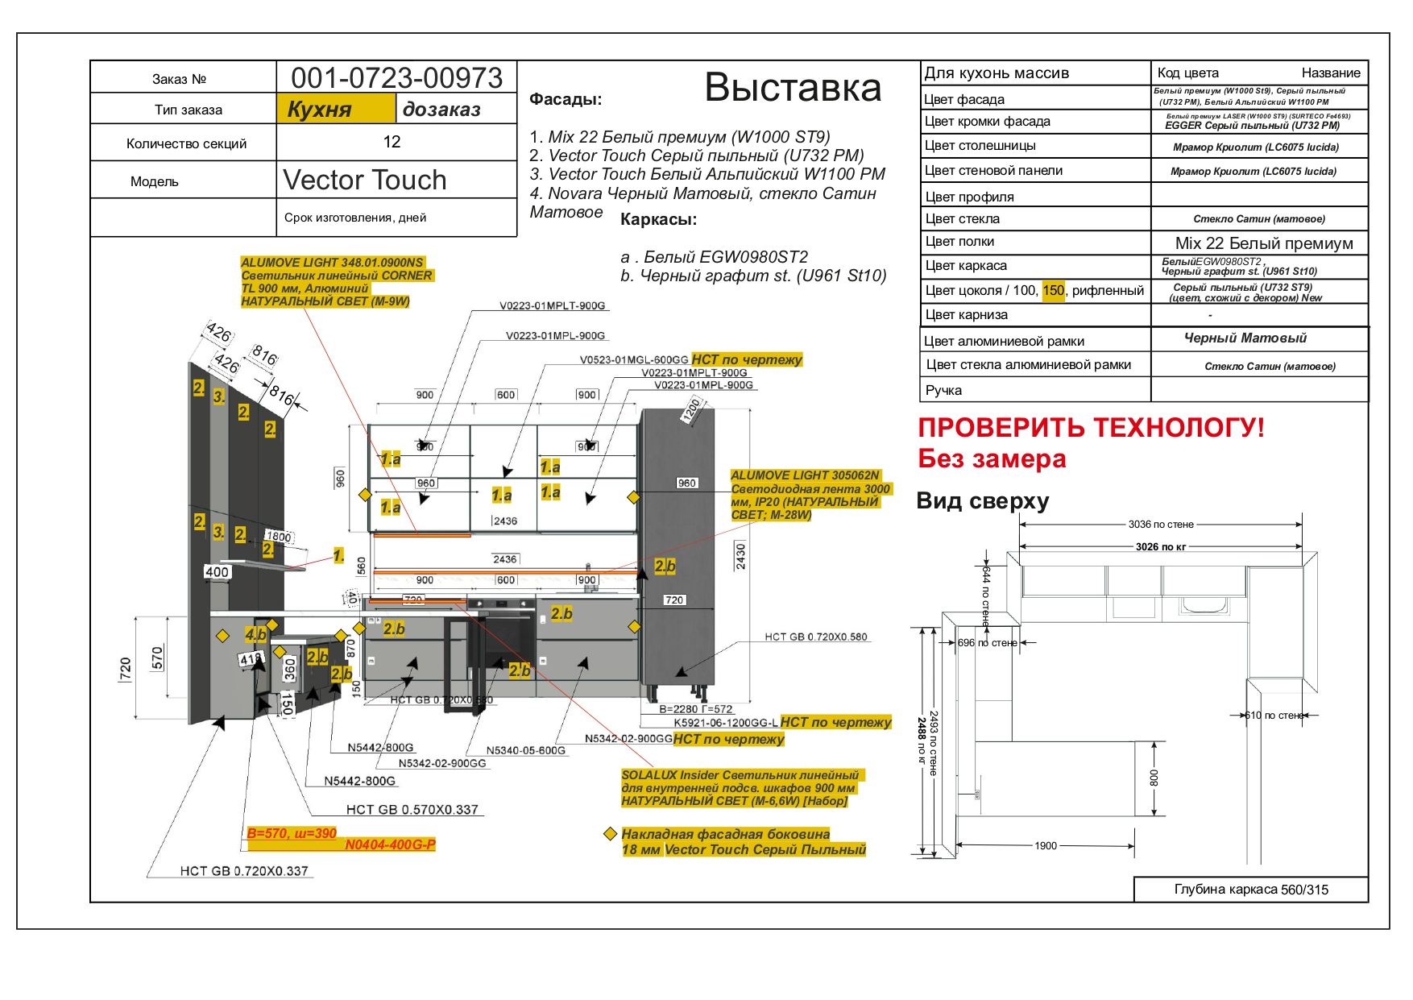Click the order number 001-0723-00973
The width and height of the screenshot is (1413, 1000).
(396, 77)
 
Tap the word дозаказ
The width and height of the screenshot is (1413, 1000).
(441, 109)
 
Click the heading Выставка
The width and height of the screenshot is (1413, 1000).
(793, 87)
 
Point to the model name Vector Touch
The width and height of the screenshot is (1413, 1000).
(365, 180)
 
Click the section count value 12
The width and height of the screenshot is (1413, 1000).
(392, 142)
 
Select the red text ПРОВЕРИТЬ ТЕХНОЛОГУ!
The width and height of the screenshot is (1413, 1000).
(1091, 427)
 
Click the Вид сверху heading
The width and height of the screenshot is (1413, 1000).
(983, 500)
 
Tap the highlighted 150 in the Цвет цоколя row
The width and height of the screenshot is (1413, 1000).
(1053, 290)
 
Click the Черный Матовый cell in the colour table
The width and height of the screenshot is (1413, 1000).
(1245, 338)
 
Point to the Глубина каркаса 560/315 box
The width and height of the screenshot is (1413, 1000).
(1251, 889)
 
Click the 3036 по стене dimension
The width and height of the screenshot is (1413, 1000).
(1161, 525)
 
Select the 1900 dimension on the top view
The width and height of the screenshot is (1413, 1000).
(1046, 845)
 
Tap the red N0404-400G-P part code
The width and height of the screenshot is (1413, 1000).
(390, 844)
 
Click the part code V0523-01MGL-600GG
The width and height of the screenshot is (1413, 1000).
(634, 359)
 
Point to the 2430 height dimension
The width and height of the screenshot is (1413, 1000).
(740, 555)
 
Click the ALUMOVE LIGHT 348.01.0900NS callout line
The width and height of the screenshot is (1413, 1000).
(332, 263)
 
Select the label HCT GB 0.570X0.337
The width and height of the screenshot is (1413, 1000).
(412, 809)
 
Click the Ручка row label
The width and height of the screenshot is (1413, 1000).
(943, 390)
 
